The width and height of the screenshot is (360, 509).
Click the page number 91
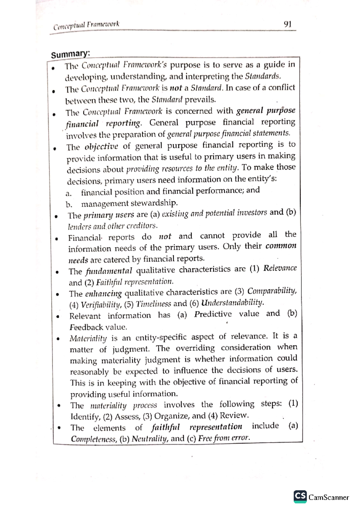click(287, 24)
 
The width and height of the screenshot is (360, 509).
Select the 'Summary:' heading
click(70, 54)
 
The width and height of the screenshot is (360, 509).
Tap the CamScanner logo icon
click(300, 497)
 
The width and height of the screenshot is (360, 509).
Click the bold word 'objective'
click(101, 147)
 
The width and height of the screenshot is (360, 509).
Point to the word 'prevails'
click(200, 99)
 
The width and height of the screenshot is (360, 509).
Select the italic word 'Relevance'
click(280, 268)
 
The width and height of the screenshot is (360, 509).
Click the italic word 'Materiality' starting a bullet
click(88, 338)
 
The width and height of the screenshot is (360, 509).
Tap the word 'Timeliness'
click(153, 304)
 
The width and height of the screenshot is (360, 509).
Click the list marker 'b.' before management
click(69, 205)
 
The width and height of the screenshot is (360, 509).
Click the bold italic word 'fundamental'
click(109, 271)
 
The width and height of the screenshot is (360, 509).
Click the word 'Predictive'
click(213, 314)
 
